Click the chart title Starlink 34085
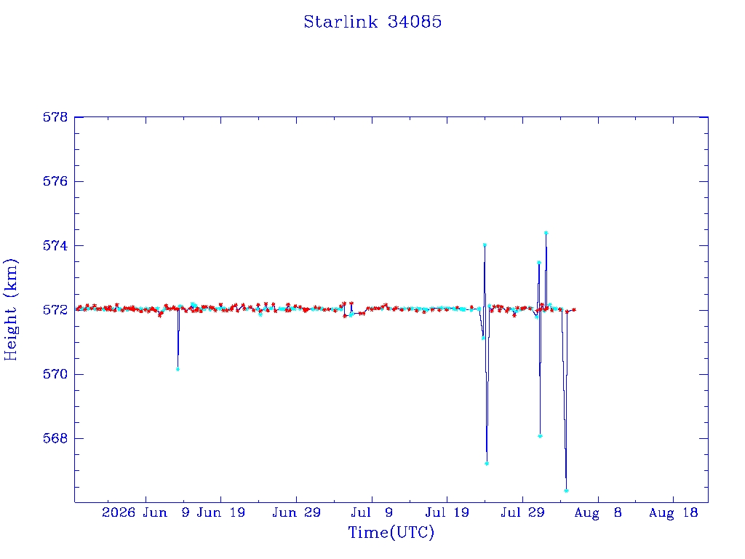tap(372, 22)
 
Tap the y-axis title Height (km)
tap(11, 309)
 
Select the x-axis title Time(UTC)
tap(391, 532)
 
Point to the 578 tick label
tap(55, 117)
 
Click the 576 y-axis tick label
tap(55, 181)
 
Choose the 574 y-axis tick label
tap(55, 246)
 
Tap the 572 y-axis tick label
tap(55, 310)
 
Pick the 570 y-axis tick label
tap(55, 374)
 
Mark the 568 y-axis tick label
tap(55, 438)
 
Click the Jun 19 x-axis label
tap(221, 512)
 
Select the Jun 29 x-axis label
tap(297, 512)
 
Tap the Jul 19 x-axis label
tap(447, 512)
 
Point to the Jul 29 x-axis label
tap(522, 512)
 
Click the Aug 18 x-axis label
tap(673, 512)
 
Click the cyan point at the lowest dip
tap(566, 491)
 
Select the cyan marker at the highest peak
tap(546, 233)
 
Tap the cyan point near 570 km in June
tap(178, 369)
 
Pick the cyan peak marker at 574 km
tap(485, 245)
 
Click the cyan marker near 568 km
tap(541, 436)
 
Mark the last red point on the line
tap(575, 310)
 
